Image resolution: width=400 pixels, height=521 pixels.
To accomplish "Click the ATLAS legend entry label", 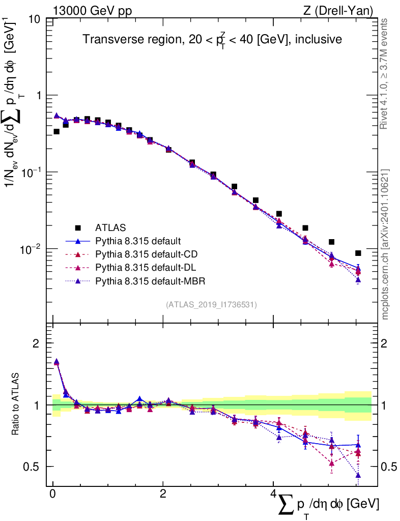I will pyautogui.click(x=110, y=227).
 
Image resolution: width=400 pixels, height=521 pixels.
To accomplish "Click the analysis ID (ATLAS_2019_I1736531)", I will pyautogui.click(x=211, y=305).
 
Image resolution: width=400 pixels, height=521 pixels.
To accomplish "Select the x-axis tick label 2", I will pyautogui.click(x=162, y=495).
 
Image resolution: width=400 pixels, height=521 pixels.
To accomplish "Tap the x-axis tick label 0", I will pyautogui.click(x=52, y=495).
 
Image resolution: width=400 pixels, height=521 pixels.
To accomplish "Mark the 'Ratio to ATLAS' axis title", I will pyautogui.click(x=16, y=405).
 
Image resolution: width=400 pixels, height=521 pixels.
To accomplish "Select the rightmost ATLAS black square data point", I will pyautogui.click(x=358, y=253).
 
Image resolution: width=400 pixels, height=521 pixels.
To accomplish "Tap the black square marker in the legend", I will pyautogui.click(x=78, y=227).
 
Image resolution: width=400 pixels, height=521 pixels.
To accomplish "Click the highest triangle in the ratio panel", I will pyautogui.click(x=56, y=362).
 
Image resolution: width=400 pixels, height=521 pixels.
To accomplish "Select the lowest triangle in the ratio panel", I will pyautogui.click(x=358, y=475).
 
